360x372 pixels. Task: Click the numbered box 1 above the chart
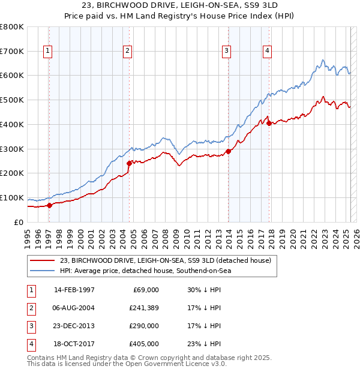click(47, 51)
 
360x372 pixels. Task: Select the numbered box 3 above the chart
click(226, 51)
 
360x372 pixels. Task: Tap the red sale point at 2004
click(128, 163)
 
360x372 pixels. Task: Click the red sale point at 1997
click(50, 205)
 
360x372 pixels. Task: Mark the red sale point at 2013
click(228, 151)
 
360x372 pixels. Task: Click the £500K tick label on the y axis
click(11, 100)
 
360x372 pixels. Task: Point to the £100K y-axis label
click(11, 198)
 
